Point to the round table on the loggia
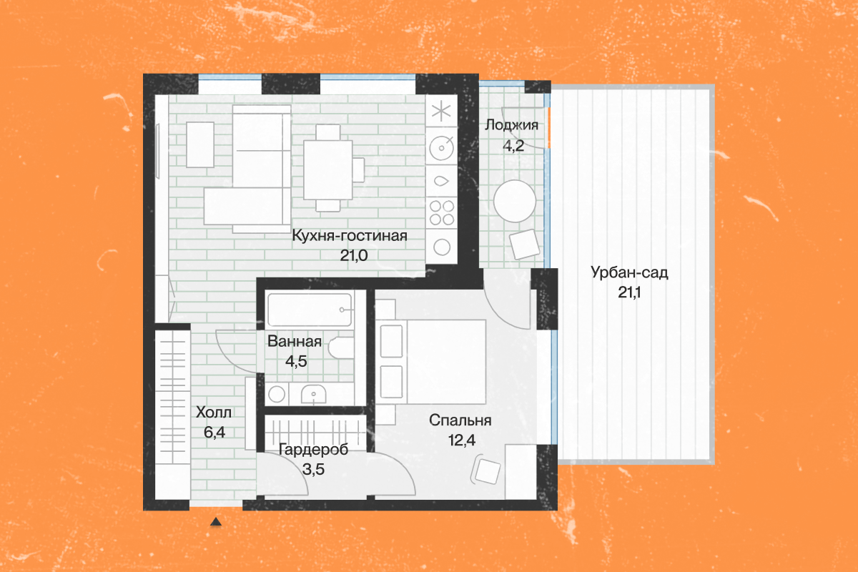coord(515,200)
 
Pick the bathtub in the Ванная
coord(310,310)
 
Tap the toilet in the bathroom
coord(341,348)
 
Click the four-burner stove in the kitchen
coord(442,211)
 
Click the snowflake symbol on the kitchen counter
coord(442,112)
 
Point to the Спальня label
coord(460,420)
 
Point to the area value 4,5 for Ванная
coord(296,360)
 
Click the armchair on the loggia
coord(525,244)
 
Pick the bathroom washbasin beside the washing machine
coord(314,393)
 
